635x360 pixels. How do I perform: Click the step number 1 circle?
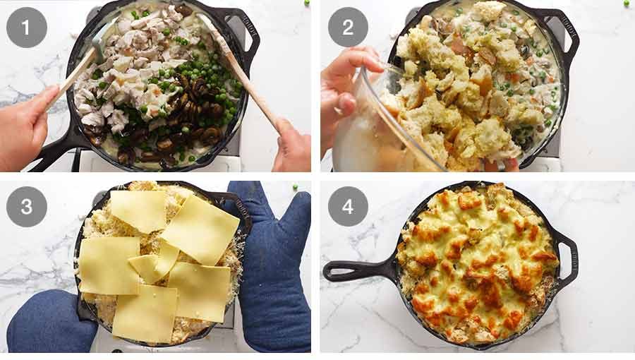(x=27, y=28)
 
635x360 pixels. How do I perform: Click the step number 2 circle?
(x=348, y=28)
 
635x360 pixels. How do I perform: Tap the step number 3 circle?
(x=27, y=206)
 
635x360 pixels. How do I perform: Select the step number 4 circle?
(x=348, y=206)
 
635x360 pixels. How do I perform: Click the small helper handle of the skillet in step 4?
(x=568, y=251)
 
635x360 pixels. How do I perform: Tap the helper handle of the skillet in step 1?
(x=248, y=35)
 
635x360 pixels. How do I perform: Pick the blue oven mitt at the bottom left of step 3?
(x=49, y=325)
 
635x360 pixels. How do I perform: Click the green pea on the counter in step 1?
(x=306, y=4)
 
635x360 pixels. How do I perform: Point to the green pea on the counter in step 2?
(x=625, y=4)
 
